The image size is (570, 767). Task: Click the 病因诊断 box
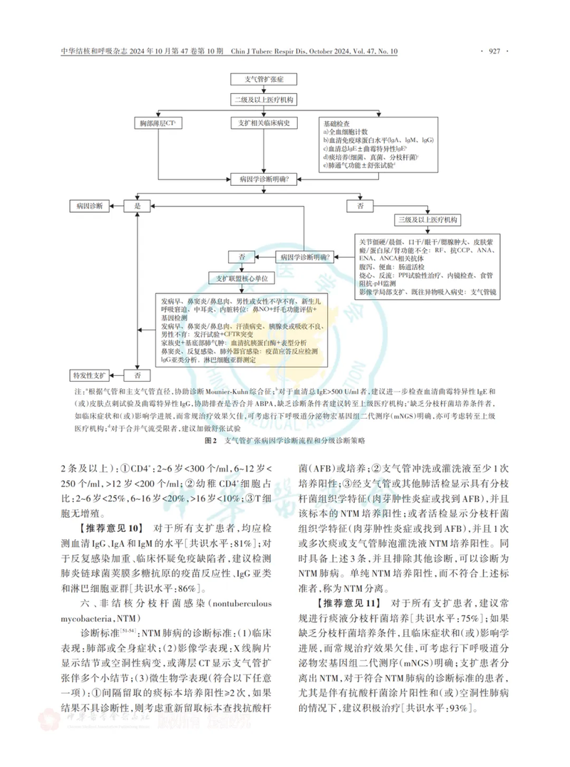tap(90, 205)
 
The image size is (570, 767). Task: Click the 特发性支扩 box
tap(90, 374)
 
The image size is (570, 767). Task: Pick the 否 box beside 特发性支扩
tap(138, 374)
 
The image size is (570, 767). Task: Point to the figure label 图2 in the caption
tap(210, 442)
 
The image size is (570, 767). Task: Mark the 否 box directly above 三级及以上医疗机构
tap(358, 205)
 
